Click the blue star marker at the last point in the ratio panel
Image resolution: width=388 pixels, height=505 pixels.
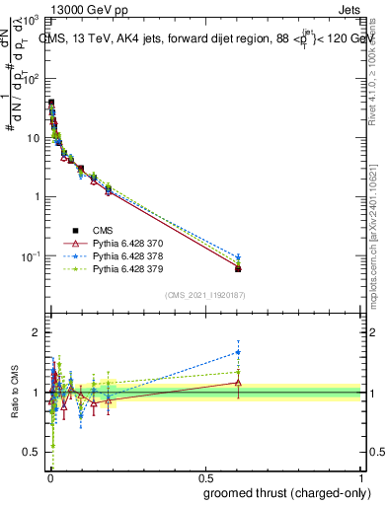point(238,352)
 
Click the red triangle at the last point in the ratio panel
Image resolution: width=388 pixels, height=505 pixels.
point(238,382)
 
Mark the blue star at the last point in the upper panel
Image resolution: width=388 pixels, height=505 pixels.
point(238,257)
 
